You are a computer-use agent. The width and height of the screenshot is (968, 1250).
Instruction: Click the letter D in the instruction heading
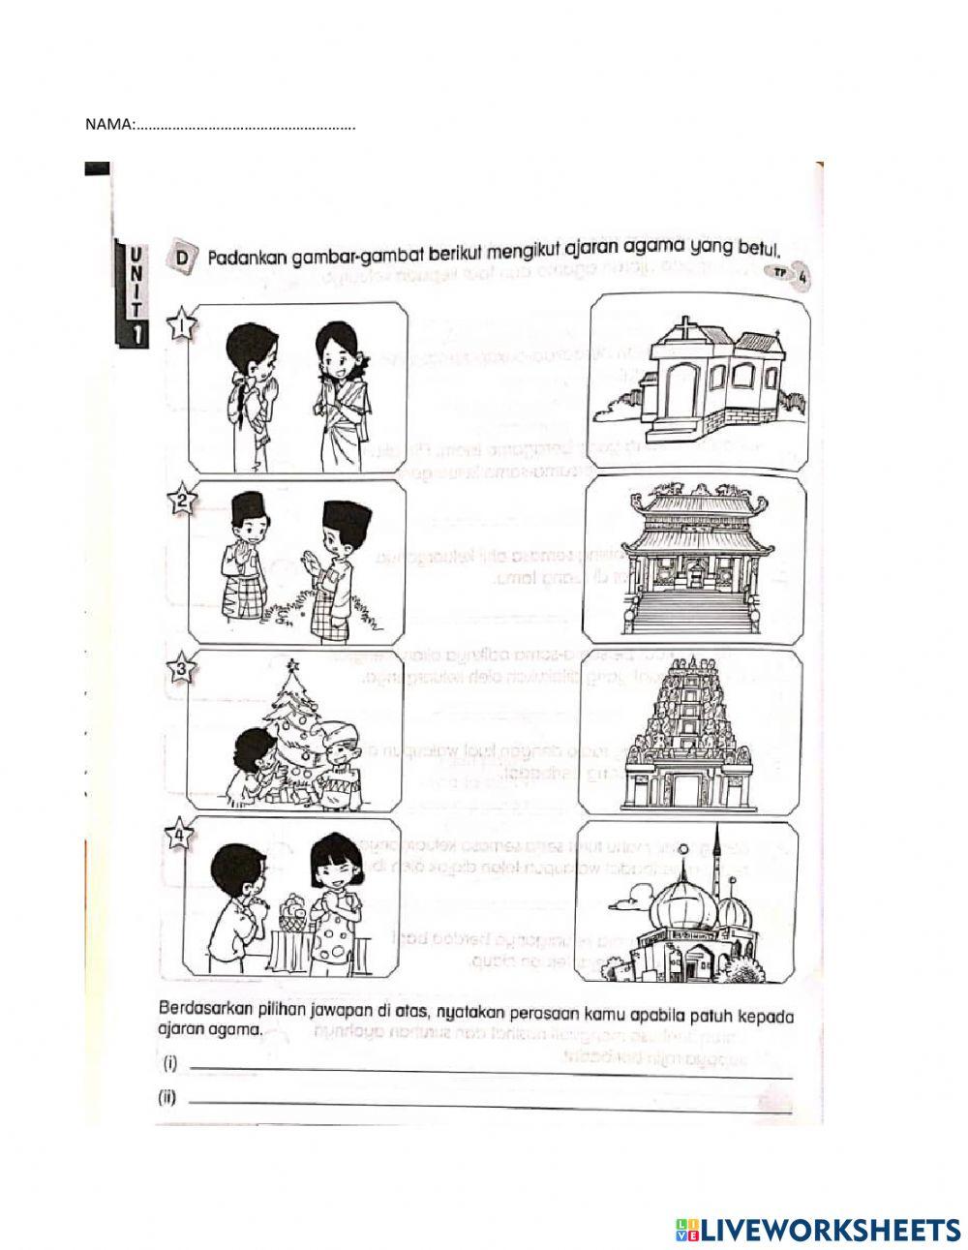pyautogui.click(x=181, y=254)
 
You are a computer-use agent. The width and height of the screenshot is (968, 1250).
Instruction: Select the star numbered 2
pyautogui.click(x=182, y=502)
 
